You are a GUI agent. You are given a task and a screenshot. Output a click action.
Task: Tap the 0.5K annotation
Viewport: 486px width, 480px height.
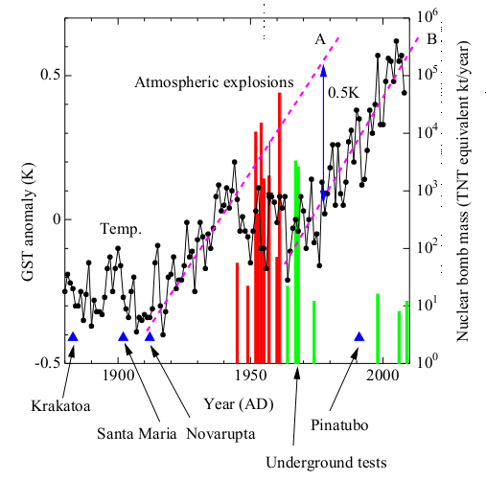click(344, 94)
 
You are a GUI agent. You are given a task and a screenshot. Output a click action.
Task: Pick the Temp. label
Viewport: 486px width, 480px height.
click(122, 230)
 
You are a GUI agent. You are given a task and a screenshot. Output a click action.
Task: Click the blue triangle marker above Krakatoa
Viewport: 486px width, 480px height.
click(73, 336)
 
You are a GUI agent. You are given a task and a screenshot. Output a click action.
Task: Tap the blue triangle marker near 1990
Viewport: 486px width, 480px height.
click(359, 336)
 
